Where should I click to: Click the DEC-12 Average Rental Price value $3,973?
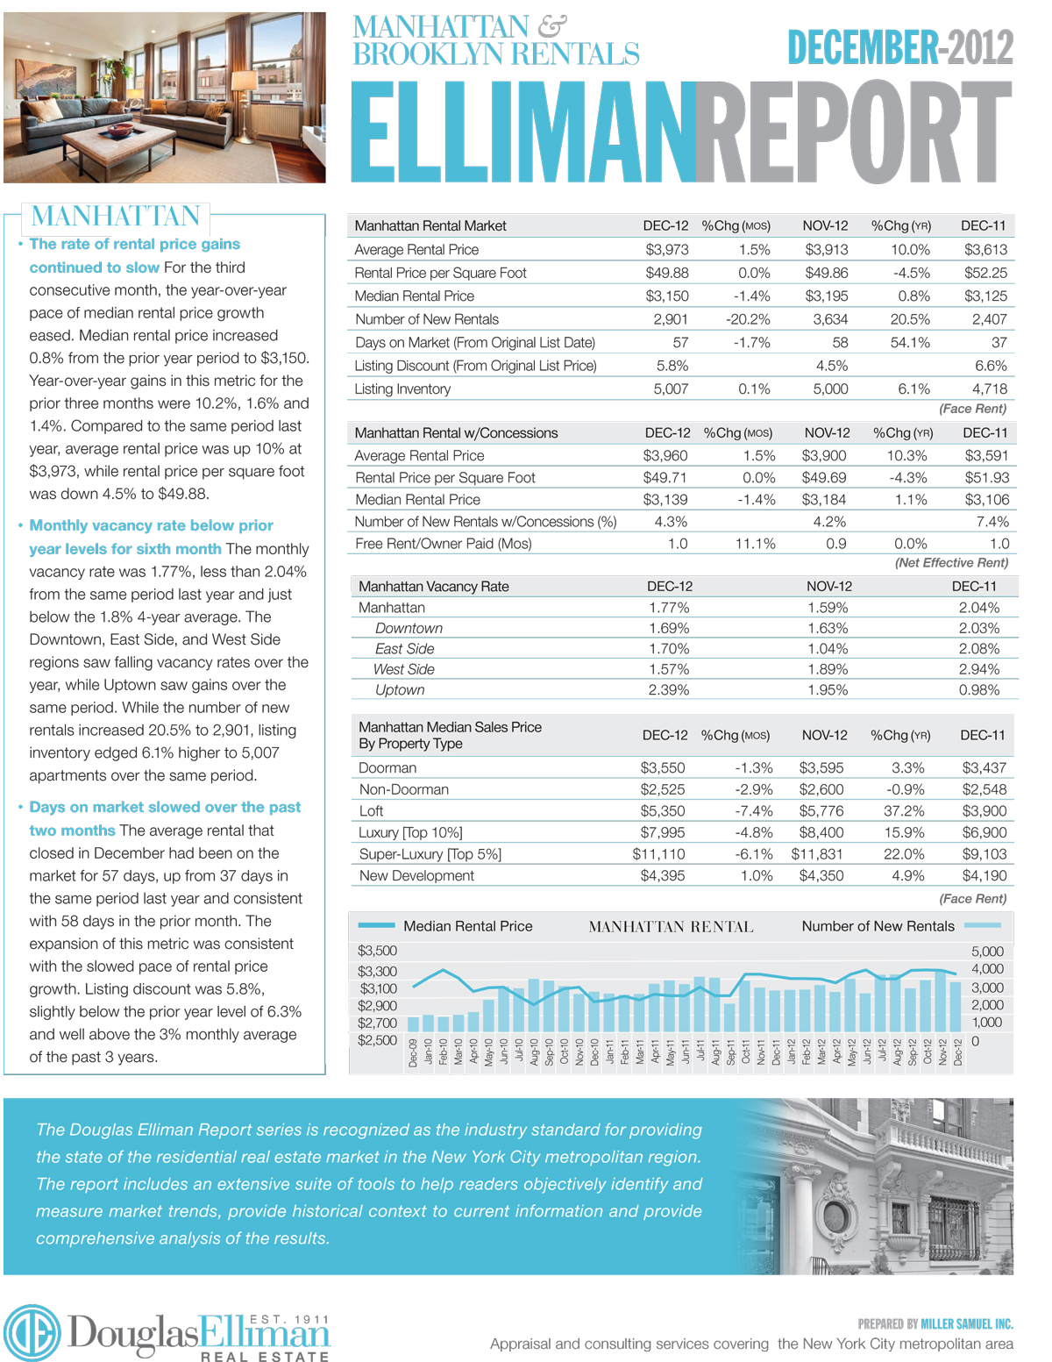[667, 250]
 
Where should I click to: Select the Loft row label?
[371, 811]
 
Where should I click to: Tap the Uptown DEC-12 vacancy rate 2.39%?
[669, 690]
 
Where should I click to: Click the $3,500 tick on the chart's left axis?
[377, 951]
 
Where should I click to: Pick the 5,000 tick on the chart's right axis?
[987, 952]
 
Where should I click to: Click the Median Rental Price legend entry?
[467, 926]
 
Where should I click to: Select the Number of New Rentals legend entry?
[878, 926]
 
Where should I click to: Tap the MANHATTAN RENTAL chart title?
[671, 927]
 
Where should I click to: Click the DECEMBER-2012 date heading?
[899, 47]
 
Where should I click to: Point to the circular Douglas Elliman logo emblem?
[32, 1333]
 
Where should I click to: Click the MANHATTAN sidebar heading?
[116, 216]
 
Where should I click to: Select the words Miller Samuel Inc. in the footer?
[966, 1324]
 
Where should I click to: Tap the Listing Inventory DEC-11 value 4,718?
[989, 389]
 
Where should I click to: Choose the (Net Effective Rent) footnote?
[951, 563]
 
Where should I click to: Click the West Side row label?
[404, 669]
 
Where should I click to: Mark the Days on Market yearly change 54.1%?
[910, 343]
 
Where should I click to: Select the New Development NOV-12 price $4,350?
[821, 876]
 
